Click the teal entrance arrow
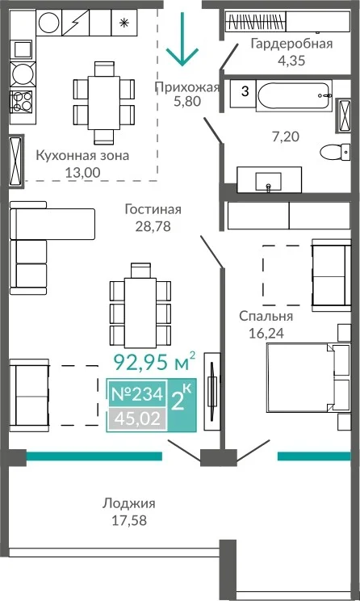(182, 38)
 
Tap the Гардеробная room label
(291, 44)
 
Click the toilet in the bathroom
(335, 152)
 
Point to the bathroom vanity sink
(269, 180)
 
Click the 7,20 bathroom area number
(285, 137)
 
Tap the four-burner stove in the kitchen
(22, 101)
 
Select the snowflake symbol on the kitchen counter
(123, 23)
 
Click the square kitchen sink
(22, 50)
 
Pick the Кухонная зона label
(82, 156)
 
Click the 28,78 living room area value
(153, 226)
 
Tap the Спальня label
(266, 317)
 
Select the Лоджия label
(128, 503)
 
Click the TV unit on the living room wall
(212, 391)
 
